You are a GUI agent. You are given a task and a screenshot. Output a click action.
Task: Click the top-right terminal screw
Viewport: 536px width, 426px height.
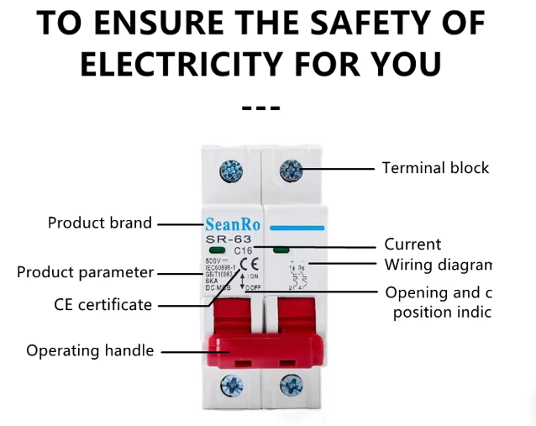pos(292,171)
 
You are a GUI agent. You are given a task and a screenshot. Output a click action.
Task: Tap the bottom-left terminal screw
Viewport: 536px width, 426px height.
pos(230,387)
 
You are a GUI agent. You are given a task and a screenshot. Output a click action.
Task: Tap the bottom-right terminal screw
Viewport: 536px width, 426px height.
pos(292,387)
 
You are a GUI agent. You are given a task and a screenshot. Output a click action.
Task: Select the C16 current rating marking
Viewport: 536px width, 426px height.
pos(243,250)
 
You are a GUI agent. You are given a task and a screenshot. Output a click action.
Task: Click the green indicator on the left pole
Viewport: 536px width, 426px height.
pos(216,250)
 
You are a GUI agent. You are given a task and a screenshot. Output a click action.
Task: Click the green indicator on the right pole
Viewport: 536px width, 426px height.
pos(279,250)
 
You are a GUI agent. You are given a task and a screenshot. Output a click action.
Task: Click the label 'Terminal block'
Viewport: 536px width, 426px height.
pos(435,168)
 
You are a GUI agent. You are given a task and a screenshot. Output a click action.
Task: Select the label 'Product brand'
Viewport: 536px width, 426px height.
pos(100,224)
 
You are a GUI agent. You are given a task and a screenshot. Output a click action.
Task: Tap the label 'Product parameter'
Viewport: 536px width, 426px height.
pos(86,273)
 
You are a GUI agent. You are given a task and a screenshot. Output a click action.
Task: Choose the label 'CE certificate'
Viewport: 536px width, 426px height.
pos(102,305)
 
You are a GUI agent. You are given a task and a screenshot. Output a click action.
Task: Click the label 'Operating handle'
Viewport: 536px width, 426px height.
pos(90,350)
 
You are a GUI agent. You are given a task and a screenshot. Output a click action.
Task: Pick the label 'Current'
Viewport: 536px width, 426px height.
pos(413,245)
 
